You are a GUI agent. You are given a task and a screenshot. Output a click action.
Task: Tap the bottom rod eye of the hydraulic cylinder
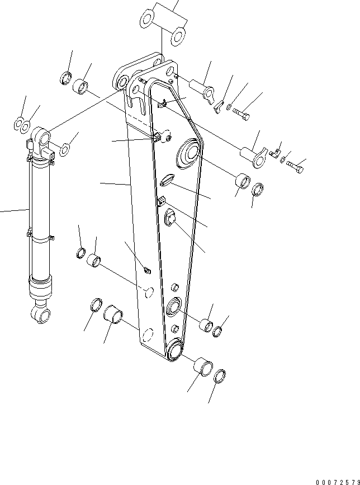42,314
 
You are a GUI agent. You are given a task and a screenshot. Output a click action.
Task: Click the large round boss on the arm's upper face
188,153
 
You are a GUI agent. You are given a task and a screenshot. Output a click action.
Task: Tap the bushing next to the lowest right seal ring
202,368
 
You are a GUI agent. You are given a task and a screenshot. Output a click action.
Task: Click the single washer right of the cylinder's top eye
65,149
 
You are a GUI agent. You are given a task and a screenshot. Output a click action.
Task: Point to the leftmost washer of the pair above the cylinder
18,123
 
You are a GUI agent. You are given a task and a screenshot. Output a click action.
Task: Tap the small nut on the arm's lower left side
147,271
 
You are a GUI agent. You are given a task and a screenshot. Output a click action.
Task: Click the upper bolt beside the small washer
241,115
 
